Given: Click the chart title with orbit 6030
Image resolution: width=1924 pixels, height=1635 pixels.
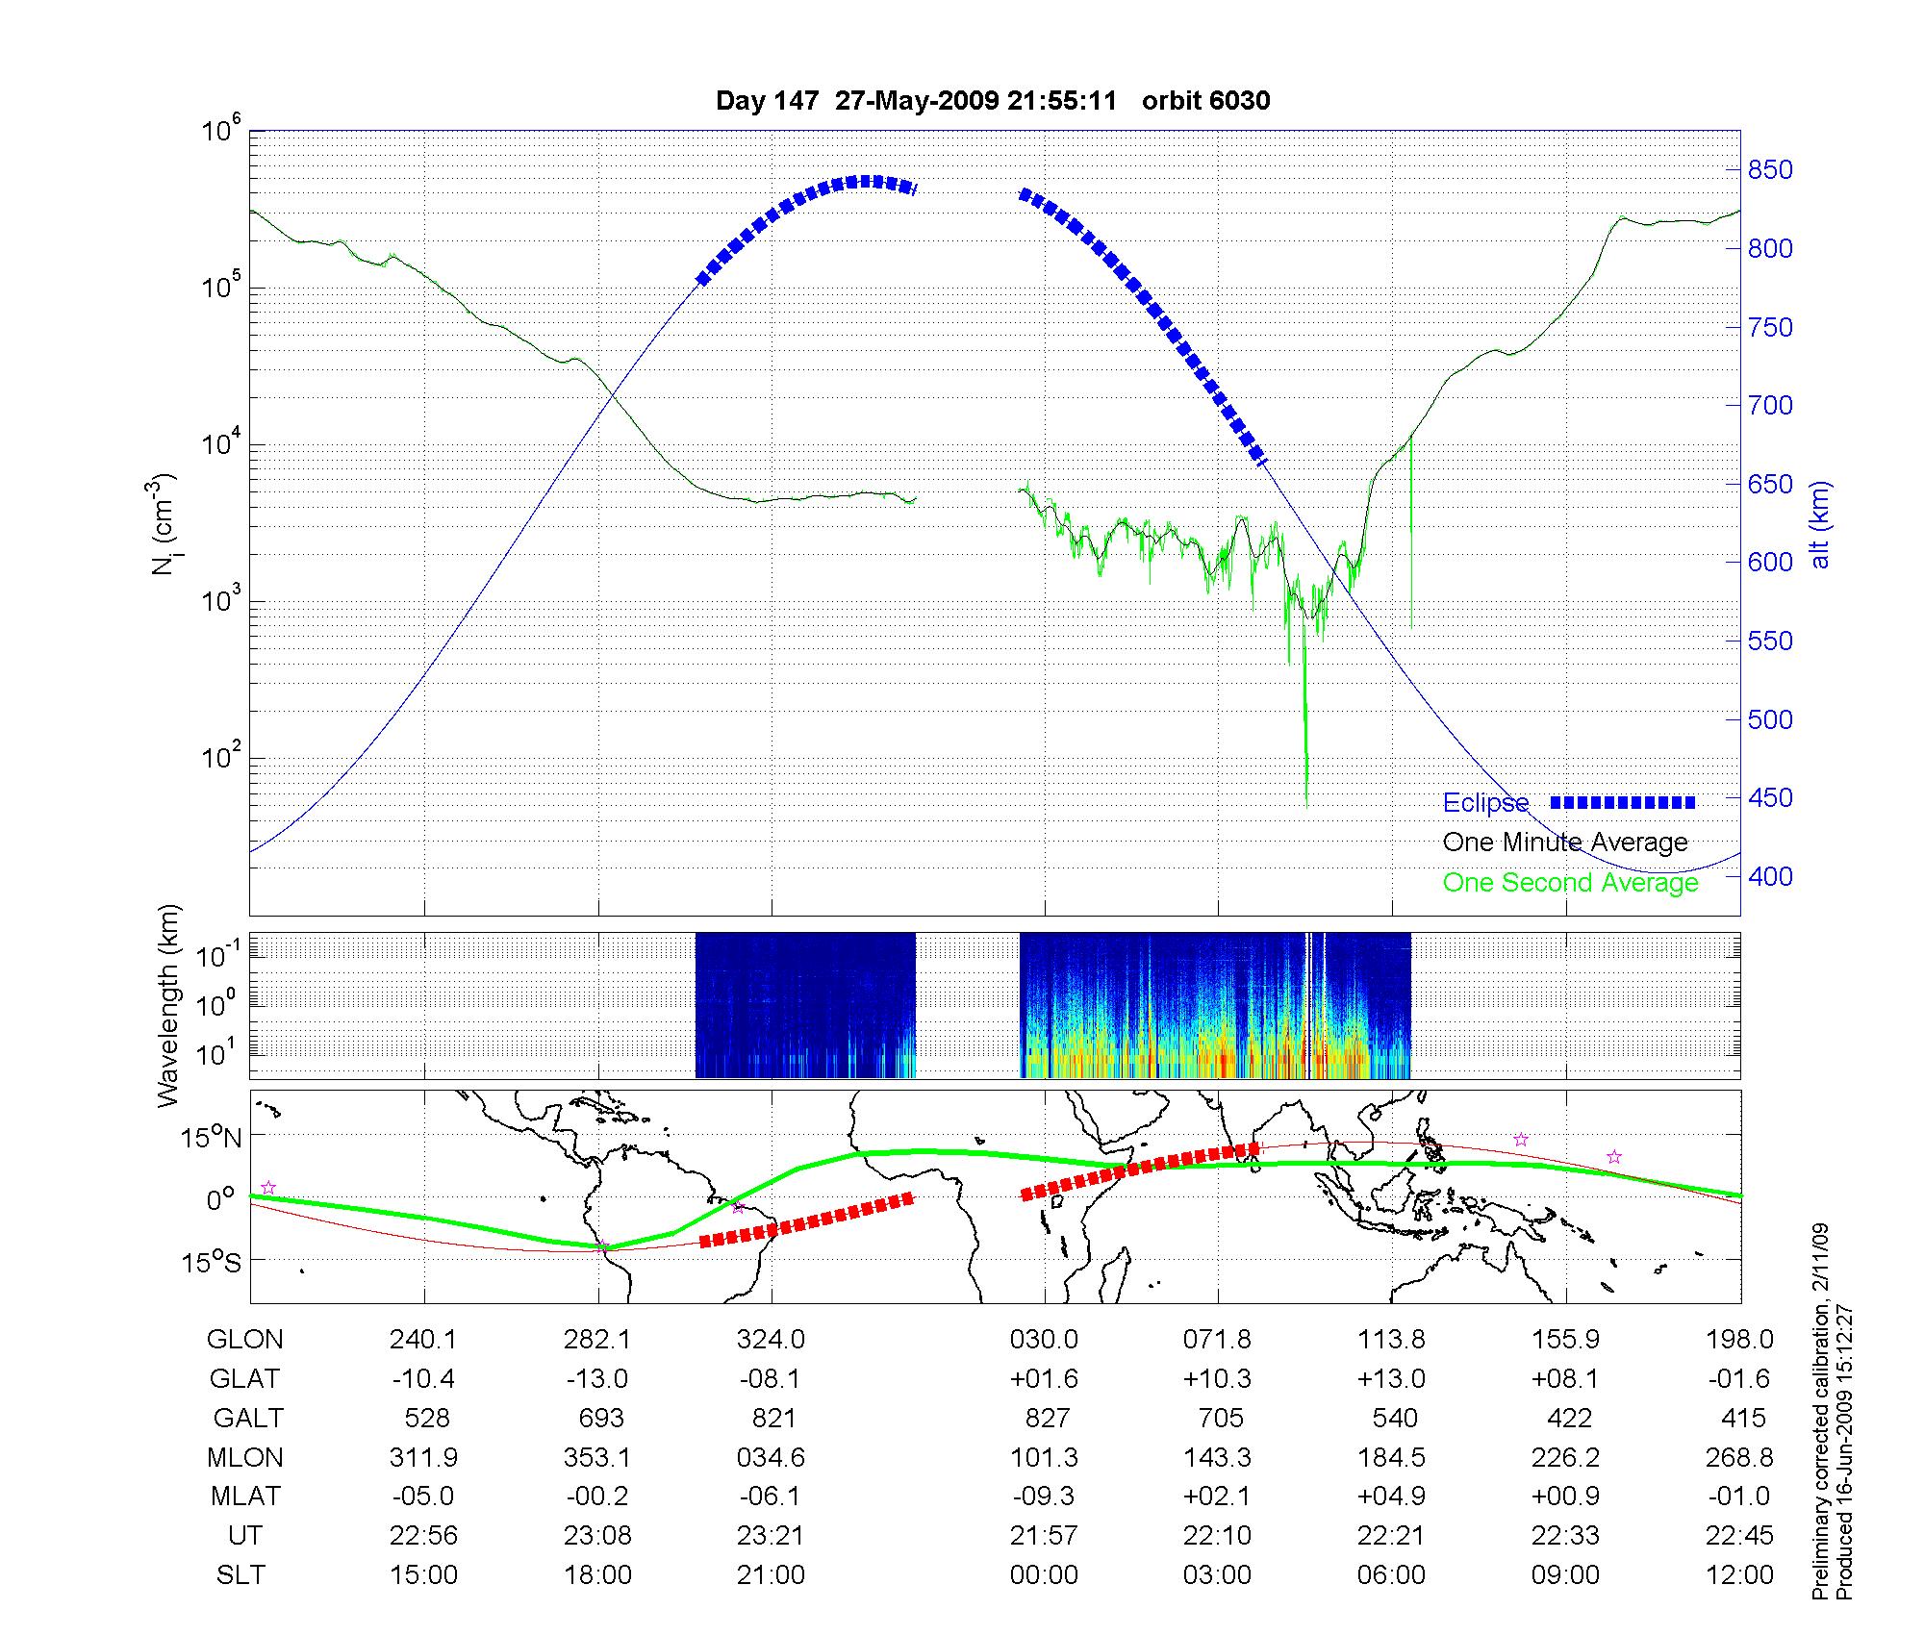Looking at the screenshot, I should [993, 101].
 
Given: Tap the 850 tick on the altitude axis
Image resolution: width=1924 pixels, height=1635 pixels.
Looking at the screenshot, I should [1770, 170].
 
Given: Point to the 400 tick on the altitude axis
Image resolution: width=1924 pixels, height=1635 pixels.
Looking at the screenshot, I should [1770, 876].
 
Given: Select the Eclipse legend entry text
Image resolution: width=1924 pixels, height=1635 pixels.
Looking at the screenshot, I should [1485, 803].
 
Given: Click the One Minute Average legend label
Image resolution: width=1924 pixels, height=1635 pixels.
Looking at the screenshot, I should [1565, 843].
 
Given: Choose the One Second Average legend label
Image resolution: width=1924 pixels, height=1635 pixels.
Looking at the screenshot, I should [1570, 883].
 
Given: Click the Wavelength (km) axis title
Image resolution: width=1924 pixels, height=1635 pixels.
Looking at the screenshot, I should [167, 1005].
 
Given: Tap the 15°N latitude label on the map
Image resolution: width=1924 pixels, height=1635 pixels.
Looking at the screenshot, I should [212, 1138].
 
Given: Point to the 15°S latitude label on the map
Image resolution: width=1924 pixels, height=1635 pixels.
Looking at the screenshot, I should [212, 1262].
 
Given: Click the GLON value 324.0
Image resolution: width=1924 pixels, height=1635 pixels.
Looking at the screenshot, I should [771, 1339].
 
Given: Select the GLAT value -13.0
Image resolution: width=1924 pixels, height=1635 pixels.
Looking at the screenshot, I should [597, 1378].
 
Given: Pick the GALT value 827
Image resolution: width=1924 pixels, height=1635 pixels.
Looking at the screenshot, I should [1047, 1418].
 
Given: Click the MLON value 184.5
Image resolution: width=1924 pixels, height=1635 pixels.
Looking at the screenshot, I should [1391, 1457].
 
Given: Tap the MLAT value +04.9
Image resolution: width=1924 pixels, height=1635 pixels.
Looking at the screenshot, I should [1391, 1497].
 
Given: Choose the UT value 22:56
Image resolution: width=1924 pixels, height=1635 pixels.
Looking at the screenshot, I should [423, 1536].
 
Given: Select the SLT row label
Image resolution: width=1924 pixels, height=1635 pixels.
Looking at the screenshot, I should [240, 1575].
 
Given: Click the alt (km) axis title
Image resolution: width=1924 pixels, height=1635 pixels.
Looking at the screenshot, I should [1820, 524].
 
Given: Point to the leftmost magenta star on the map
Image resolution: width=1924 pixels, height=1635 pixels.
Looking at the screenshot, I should [268, 1188].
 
